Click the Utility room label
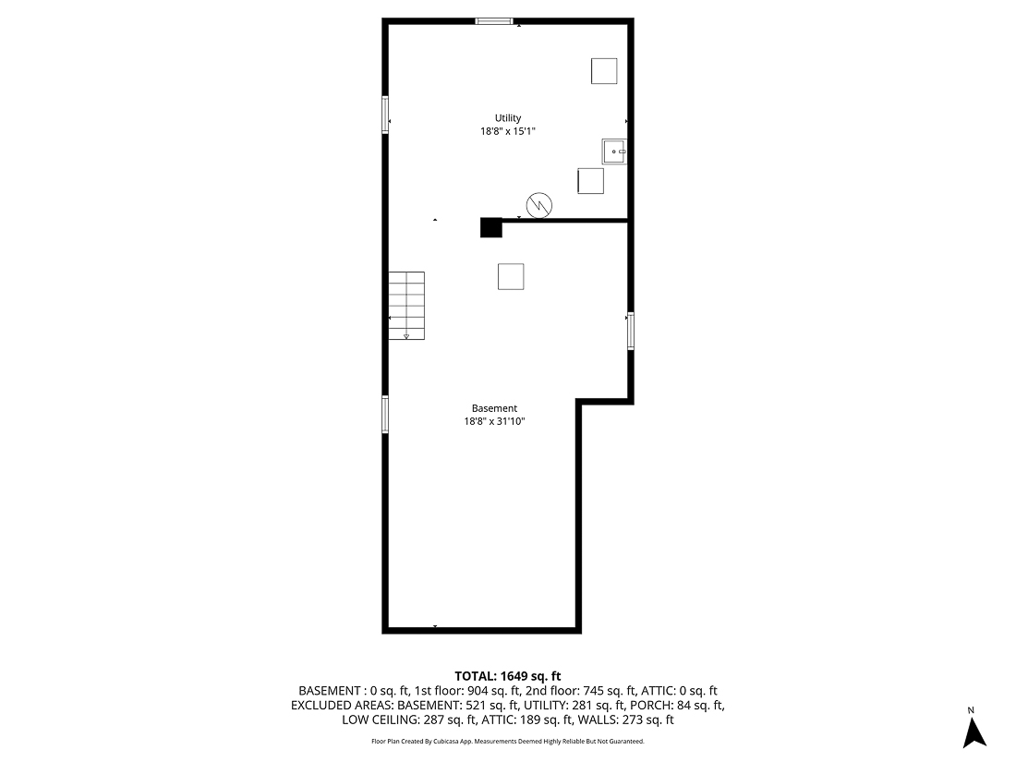click(x=508, y=118)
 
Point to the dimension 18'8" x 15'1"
click(x=507, y=132)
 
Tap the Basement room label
click(x=494, y=408)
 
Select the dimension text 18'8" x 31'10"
click(x=494, y=422)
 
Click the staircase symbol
click(x=406, y=305)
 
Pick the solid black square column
click(x=490, y=227)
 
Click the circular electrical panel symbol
click(x=539, y=205)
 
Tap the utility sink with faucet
click(x=614, y=151)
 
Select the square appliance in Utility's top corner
click(x=604, y=71)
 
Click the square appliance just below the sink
click(x=590, y=181)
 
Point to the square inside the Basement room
click(x=511, y=276)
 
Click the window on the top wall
click(x=494, y=21)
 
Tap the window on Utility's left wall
click(x=386, y=115)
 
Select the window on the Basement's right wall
click(x=631, y=331)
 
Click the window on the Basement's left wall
click(x=386, y=415)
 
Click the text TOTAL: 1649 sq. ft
click(x=507, y=676)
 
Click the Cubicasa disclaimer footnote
click(x=507, y=742)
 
